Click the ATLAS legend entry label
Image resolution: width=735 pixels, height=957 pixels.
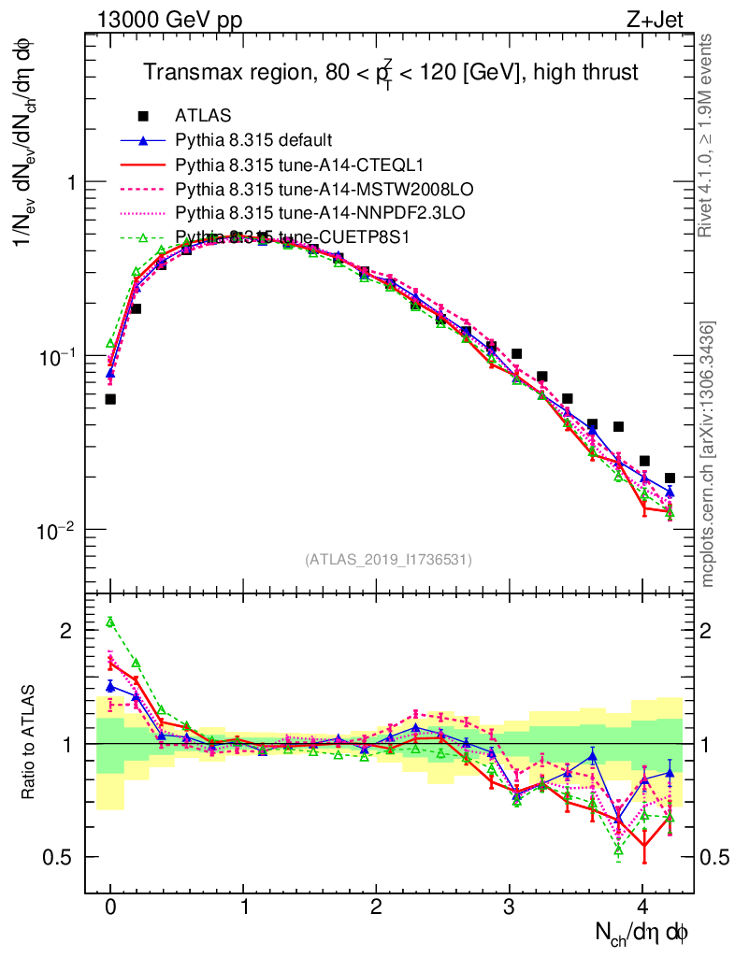(200, 116)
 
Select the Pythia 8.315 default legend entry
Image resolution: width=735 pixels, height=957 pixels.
(252, 140)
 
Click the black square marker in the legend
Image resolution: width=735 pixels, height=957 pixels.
(143, 116)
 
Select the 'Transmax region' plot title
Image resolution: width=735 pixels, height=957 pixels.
(390, 72)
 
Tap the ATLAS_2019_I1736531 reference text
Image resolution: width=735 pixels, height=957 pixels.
(388, 560)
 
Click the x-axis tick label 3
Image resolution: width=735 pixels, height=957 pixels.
(510, 907)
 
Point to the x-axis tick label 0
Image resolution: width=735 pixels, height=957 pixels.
(110, 907)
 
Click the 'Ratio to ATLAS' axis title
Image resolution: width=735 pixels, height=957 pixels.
(29, 744)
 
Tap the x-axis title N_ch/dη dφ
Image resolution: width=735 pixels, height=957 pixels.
(643, 933)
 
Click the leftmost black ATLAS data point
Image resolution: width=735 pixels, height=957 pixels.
(110, 399)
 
